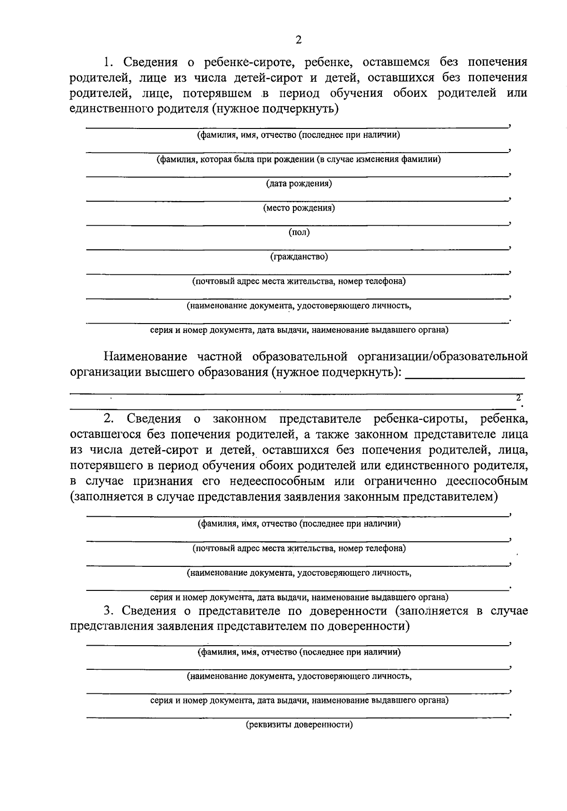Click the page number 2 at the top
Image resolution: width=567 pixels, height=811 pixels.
[x=298, y=40]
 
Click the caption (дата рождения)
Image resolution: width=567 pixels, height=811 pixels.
[x=299, y=183]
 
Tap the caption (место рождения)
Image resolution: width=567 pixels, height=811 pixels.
[x=299, y=208]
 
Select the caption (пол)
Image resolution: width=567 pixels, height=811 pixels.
[x=299, y=232]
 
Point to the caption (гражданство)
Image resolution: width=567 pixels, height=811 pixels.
[x=299, y=257]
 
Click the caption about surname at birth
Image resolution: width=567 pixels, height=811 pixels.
[x=299, y=159]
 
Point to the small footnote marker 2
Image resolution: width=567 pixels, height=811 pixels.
[x=518, y=397]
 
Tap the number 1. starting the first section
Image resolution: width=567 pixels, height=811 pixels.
[x=109, y=62]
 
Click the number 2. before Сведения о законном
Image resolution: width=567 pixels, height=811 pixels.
[x=109, y=418]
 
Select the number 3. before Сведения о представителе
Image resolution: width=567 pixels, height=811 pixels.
[x=109, y=611]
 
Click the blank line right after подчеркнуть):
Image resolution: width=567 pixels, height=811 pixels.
[x=465, y=377]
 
